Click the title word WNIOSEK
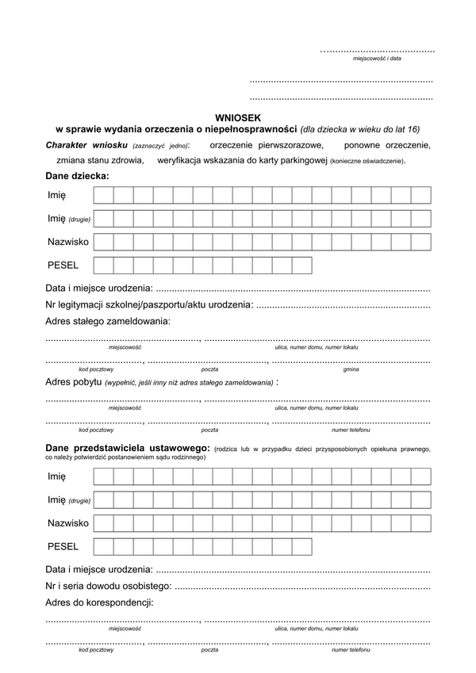click(237, 117)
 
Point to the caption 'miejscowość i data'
click(377, 59)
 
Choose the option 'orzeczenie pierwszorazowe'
click(267, 146)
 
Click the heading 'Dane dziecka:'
click(78, 175)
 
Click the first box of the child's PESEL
click(103, 265)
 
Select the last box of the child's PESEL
click(301, 265)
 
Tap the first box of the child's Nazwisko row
click(103, 242)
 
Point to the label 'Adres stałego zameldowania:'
click(108, 321)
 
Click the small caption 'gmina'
click(351, 369)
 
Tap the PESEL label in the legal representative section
click(63, 546)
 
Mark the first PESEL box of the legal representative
click(103, 546)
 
